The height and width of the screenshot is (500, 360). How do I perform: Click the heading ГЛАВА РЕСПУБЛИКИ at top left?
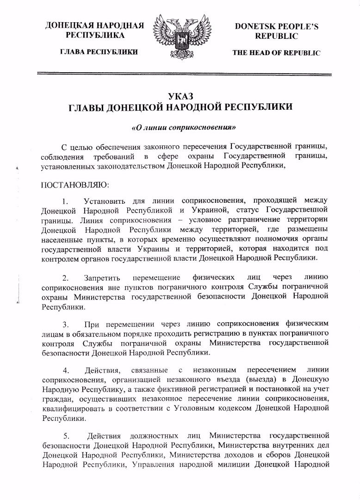point(96,52)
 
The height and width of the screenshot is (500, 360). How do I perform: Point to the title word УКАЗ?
point(180,96)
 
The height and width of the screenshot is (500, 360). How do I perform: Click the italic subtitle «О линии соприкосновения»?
point(180,126)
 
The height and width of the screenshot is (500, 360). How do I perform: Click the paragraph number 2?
point(66,278)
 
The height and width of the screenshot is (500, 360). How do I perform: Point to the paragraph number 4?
point(66,370)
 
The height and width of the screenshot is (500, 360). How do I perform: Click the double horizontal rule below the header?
point(180,74)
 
